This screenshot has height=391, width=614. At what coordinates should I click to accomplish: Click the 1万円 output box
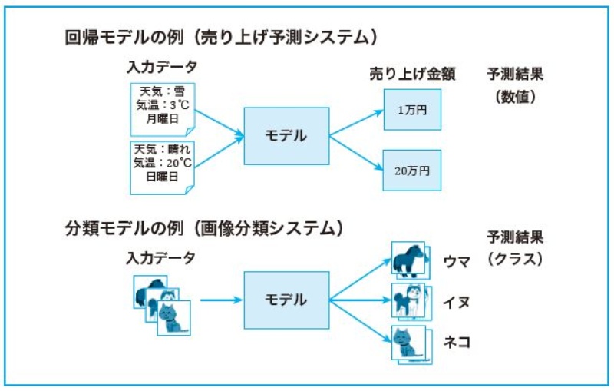[x=412, y=110]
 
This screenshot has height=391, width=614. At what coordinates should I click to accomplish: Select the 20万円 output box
[x=412, y=170]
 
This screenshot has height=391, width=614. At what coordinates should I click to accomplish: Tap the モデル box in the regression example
[x=286, y=136]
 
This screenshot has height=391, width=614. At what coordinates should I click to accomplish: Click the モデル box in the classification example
[x=286, y=299]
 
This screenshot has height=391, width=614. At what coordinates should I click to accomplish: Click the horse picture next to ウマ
[x=408, y=260]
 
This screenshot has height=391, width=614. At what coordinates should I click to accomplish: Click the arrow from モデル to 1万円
[x=357, y=123]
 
